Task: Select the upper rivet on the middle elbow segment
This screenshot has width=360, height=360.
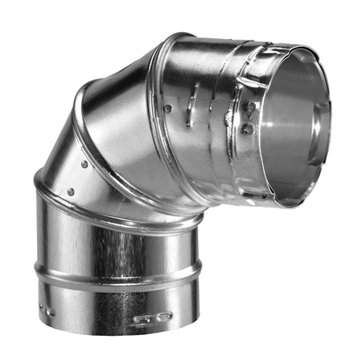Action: (x=83, y=164)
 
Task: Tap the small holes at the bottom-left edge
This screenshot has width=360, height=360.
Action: (x=50, y=311)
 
